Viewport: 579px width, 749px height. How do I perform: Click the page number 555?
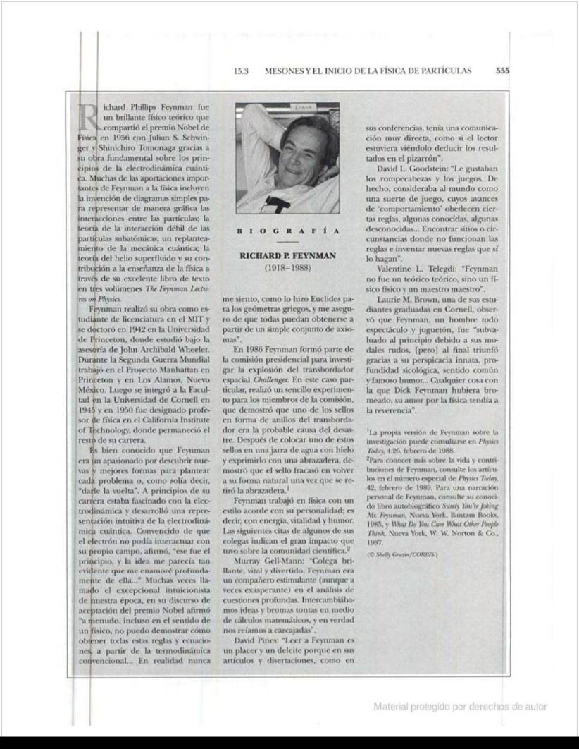[502, 71]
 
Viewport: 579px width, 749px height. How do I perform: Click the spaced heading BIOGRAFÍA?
[287, 231]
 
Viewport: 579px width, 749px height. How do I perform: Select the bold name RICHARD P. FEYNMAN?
[287, 256]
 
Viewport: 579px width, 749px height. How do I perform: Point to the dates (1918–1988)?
[287, 269]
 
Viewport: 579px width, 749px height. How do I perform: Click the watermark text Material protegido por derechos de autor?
[460, 706]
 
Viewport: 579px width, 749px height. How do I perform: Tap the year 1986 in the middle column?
[262, 348]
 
